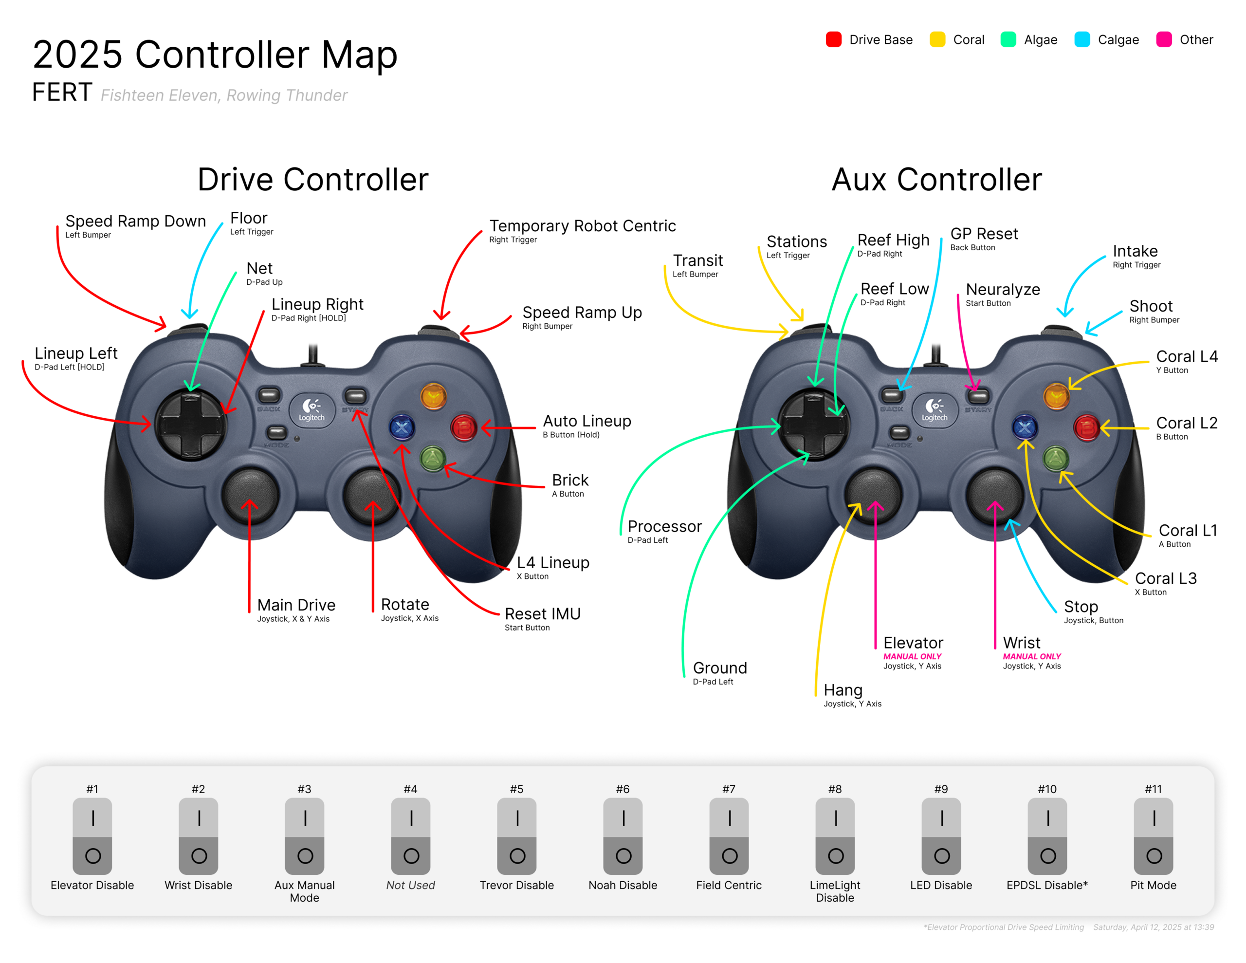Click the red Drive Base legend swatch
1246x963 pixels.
[834, 39]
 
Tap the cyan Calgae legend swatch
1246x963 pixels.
[1082, 39]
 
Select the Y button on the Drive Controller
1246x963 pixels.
[434, 396]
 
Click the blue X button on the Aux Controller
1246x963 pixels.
[1025, 427]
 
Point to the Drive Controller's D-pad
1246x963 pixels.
[191, 424]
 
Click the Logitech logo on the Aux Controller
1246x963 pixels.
[934, 409]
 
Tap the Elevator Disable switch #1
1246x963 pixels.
[92, 836]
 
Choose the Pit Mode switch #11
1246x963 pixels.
[1154, 836]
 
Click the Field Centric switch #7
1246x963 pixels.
[729, 836]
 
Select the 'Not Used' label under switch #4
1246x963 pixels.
[410, 885]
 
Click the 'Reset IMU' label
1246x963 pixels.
[543, 613]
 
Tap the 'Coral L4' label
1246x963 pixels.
[1187, 356]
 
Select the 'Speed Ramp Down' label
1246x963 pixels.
[136, 221]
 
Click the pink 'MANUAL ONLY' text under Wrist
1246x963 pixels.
[1031, 656]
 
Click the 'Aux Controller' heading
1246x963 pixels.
[937, 179]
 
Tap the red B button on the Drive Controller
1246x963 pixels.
[464, 427]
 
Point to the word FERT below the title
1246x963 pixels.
[62, 92]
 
